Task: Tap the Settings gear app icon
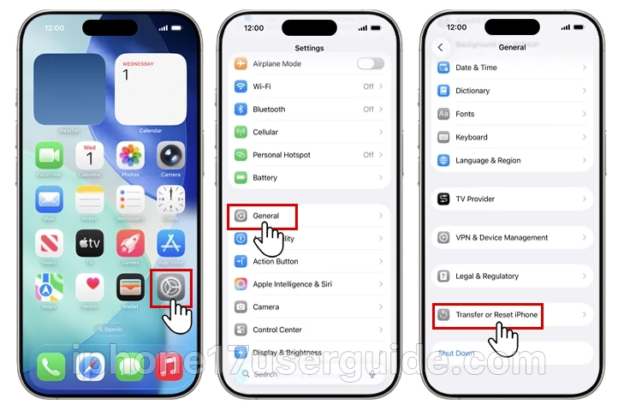tap(170, 288)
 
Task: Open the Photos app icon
tap(130, 156)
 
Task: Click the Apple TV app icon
tap(90, 243)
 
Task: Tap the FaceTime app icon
tap(50, 156)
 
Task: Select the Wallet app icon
tap(130, 288)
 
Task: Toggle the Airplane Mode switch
tap(370, 63)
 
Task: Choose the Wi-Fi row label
tap(262, 86)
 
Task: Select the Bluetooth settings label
tap(269, 110)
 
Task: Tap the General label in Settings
tap(266, 216)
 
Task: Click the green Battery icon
tap(241, 178)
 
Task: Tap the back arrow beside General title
tap(441, 48)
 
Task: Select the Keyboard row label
tap(472, 137)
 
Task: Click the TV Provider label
tap(475, 199)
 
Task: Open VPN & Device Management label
tap(502, 237)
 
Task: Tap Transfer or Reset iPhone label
tap(496, 315)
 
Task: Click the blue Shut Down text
tap(456, 353)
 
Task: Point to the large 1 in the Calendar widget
tap(125, 75)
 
